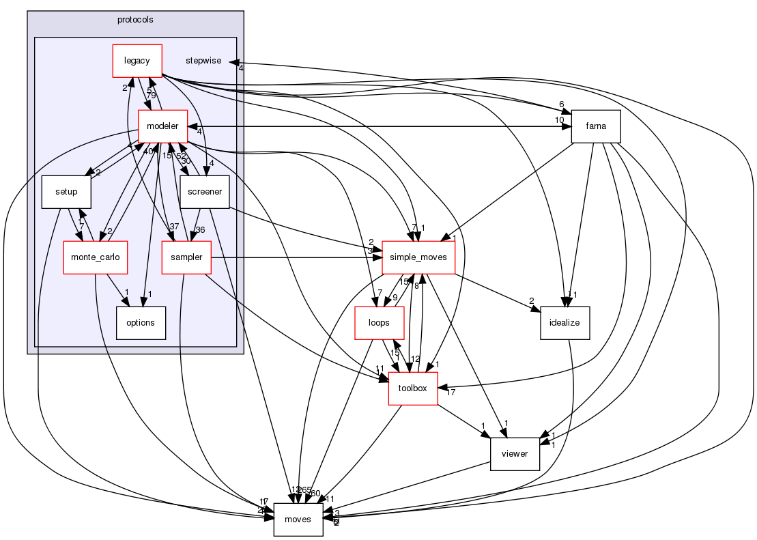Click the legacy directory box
(137, 61)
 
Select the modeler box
(162, 126)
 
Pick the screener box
(205, 192)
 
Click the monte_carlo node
(91, 257)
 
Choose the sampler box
(186, 257)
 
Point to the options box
(141, 323)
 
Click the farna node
(595, 126)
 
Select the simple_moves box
(418, 257)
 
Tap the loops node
(378, 323)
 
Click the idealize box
(565, 323)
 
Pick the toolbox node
(412, 388)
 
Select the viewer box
(515, 454)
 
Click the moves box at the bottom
(298, 520)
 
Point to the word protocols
(135, 19)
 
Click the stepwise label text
(203, 61)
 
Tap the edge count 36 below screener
(201, 229)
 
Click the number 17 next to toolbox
(451, 391)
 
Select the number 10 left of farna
(560, 120)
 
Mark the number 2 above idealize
(530, 301)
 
